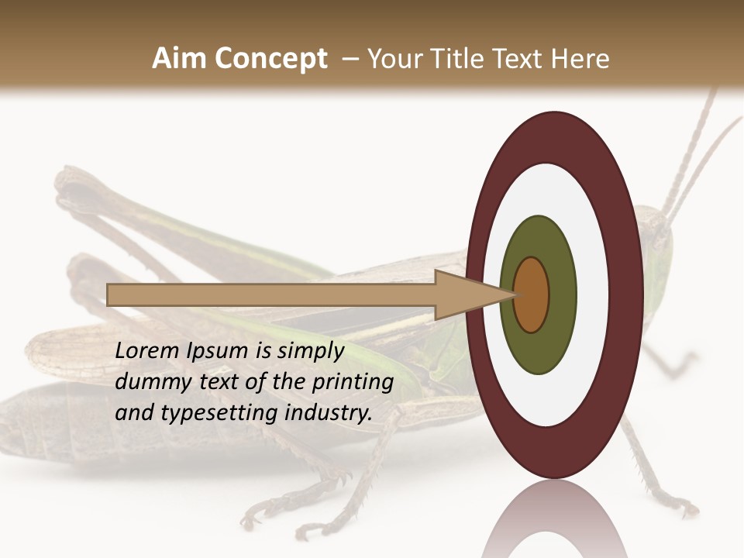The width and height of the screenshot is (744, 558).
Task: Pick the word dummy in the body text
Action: [146, 382]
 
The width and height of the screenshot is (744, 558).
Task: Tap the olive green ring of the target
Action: [539, 349]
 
